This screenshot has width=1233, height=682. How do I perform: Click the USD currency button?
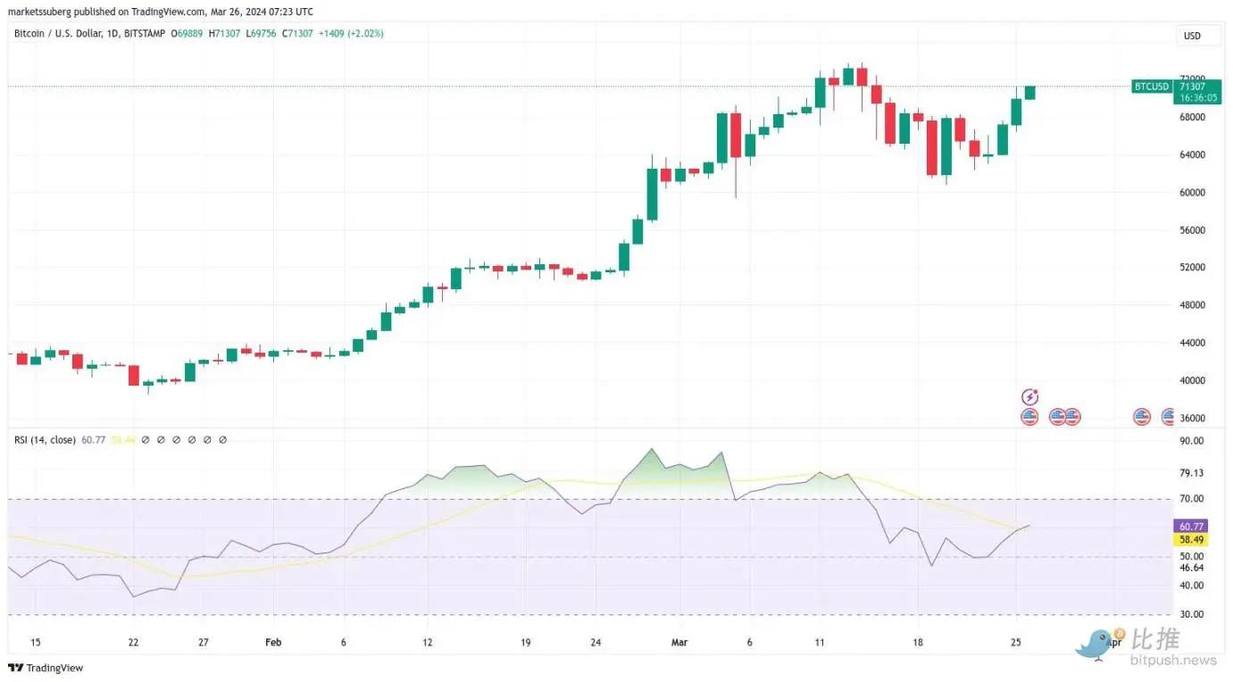point(1191,36)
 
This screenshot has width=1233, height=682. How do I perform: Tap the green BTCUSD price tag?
point(1151,87)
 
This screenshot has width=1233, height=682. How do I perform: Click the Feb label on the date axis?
point(273,642)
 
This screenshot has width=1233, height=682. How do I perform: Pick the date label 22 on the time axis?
point(133,642)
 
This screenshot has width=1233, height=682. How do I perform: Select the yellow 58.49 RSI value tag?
point(1192,540)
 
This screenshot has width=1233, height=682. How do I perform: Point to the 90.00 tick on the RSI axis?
point(1192,441)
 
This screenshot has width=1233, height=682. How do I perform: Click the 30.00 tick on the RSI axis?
point(1192,614)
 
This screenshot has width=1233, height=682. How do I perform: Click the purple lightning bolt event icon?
point(1029,397)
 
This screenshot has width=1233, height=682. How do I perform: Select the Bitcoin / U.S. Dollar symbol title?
point(66,33)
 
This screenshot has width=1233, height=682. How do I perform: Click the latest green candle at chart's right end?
point(1029,93)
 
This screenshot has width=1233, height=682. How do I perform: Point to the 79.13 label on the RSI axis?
point(1192,473)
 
